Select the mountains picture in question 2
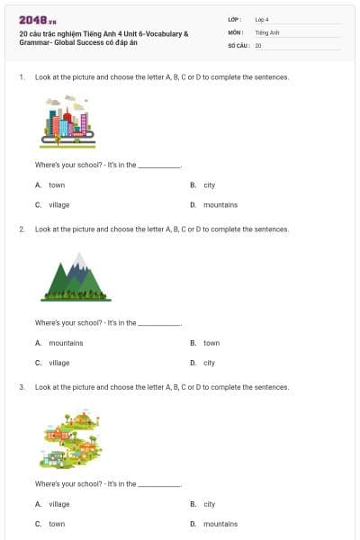coord(76,276)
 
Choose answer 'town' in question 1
coord(56,184)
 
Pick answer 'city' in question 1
coord(209,184)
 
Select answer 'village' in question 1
coord(58,204)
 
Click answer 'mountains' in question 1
coord(220,204)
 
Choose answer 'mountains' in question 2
coord(66,343)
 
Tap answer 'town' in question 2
coord(211,343)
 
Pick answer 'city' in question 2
coord(209,363)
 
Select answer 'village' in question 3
coord(58,504)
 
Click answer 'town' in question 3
coord(56,523)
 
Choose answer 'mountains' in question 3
coord(220,523)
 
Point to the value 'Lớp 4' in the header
coord(262,19)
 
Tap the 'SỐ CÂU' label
coord(238,44)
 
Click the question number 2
coord(21,229)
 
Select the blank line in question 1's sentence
coord(159,166)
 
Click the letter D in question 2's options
coord(193,363)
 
